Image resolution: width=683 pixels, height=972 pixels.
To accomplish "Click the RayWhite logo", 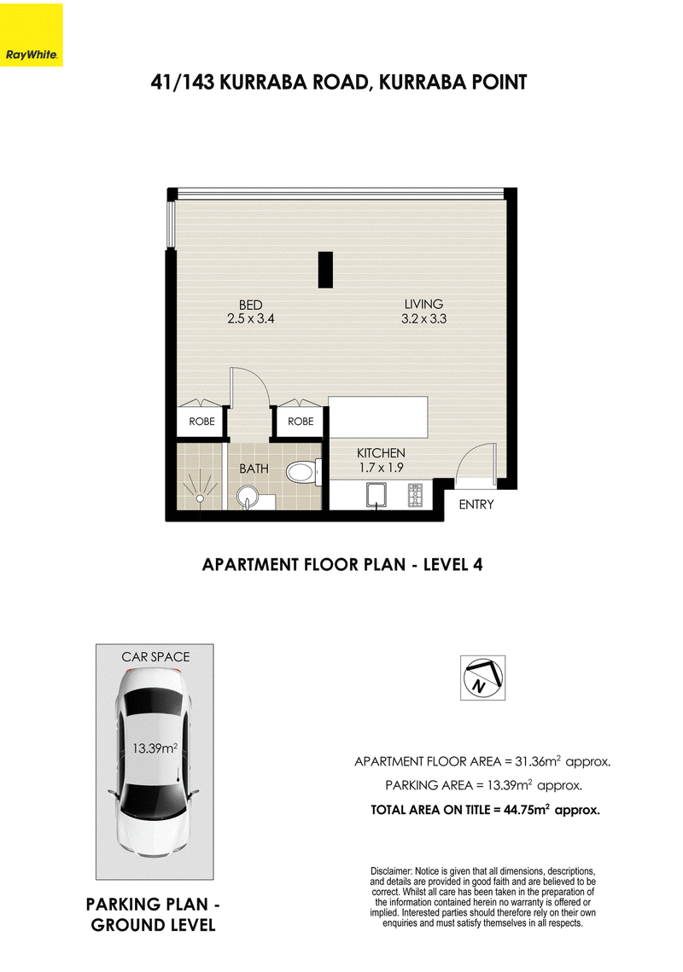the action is pos(31,35).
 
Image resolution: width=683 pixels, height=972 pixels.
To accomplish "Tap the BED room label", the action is pos(251,305).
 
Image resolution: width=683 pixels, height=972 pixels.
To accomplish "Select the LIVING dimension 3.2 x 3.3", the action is pos(423,318).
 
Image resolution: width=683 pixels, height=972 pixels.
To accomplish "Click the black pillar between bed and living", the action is pos(325,270).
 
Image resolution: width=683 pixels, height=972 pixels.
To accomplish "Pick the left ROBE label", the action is pos(201,422).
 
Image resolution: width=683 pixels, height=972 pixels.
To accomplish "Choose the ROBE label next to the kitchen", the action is pos(301,422).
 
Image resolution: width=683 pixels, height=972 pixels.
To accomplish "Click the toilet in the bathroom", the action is pos(303,473).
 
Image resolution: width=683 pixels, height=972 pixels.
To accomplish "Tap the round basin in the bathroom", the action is pos(248,497).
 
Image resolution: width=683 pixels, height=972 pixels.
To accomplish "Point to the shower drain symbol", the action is pos(201,498).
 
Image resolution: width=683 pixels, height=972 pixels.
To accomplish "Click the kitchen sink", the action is pos(376,496).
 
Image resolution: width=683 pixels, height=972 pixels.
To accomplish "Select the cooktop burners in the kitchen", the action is pos(415,496).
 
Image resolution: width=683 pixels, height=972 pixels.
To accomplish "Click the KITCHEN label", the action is pos(381,453).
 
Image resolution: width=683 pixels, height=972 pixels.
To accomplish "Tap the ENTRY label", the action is pos(476,504).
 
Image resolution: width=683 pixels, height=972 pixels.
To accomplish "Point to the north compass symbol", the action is pos(482,678).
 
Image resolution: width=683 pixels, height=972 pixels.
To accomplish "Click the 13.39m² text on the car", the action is pos(155,748).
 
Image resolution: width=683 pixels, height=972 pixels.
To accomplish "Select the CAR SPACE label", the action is pos(155,656).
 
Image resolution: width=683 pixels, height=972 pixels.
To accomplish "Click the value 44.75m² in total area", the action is pos(527,810).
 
